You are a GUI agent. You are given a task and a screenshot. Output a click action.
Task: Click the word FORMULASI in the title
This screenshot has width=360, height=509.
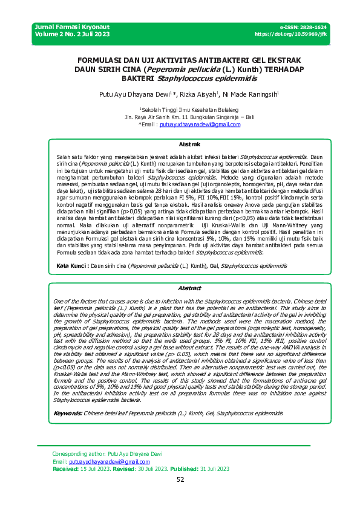click(x=101, y=60)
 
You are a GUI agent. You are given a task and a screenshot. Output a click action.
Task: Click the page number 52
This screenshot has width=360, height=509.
click(x=180, y=479)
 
